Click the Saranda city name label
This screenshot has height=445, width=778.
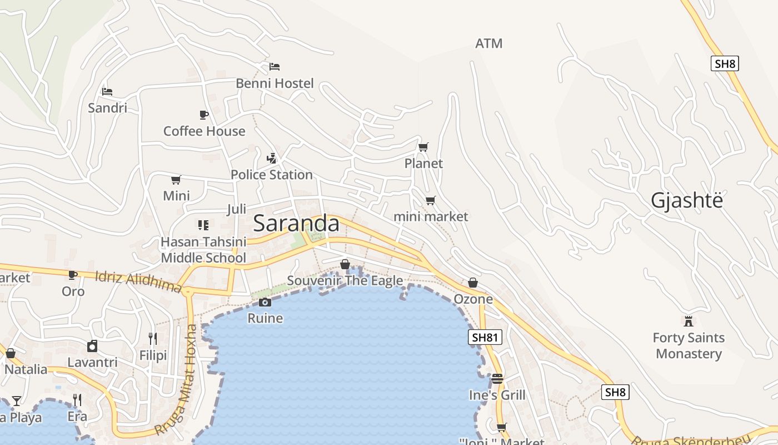296,223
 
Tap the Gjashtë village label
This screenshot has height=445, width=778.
687,201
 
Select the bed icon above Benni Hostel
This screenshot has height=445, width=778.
275,67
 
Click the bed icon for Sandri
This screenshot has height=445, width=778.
107,91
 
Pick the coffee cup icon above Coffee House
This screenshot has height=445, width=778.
204,115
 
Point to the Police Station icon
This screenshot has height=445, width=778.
271,158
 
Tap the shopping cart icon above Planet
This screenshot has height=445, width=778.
423,147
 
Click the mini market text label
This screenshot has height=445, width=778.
431,216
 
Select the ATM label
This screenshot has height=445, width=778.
489,43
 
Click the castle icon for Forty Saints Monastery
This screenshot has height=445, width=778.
689,321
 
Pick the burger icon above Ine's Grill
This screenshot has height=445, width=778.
497,379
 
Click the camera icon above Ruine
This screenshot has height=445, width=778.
265,302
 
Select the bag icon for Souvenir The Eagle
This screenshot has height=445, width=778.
345,264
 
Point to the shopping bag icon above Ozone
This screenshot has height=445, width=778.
473,283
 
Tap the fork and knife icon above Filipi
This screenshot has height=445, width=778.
153,338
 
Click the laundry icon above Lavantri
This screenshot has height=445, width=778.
92,346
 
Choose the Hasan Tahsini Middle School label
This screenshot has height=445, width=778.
203,250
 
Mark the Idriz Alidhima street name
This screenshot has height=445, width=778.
138,281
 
